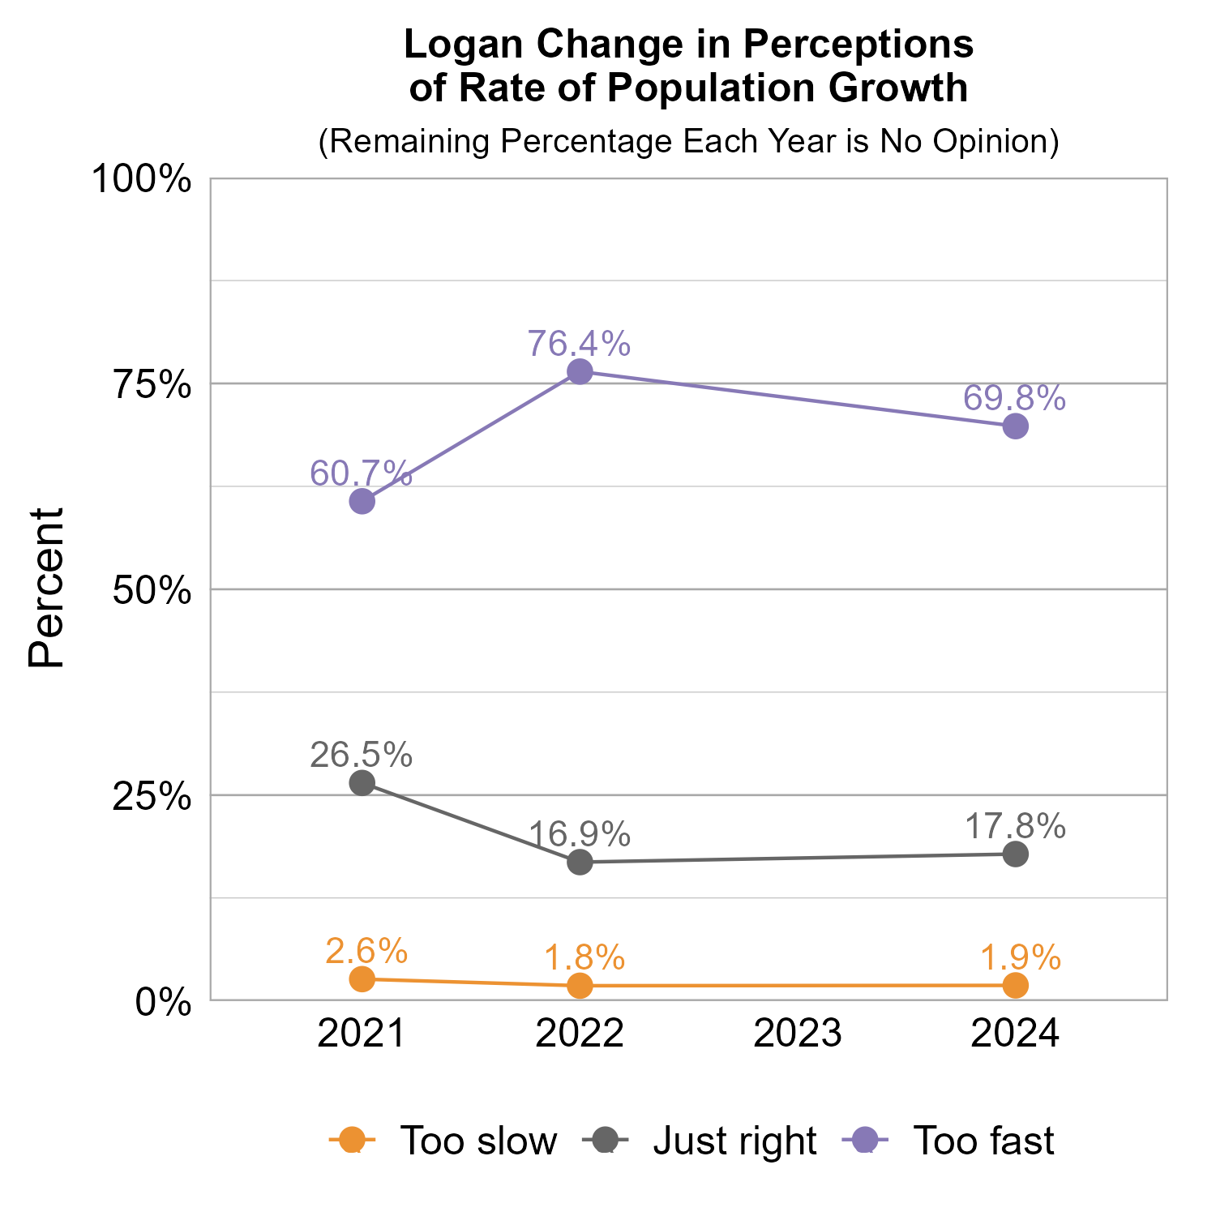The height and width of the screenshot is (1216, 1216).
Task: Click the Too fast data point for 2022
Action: click(x=580, y=372)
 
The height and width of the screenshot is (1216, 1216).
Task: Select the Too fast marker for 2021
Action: click(x=362, y=502)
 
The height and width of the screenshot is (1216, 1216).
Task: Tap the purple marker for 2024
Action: click(x=1016, y=426)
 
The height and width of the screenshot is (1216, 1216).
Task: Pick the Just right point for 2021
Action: click(x=362, y=783)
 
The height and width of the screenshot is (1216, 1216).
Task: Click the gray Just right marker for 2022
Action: click(x=580, y=862)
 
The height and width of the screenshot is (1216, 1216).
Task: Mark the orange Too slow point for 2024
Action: click(x=1016, y=986)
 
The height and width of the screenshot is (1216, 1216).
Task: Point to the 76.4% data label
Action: click(x=579, y=344)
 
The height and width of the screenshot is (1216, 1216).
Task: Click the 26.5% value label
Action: click(x=362, y=755)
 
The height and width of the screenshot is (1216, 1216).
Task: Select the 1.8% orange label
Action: click(x=584, y=957)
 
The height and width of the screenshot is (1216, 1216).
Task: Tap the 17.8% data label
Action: click(x=1015, y=827)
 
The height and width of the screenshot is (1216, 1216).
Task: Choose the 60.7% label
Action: click(x=362, y=473)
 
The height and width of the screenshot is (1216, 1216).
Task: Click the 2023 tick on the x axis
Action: click(x=798, y=1034)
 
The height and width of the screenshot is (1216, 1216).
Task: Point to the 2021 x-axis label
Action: click(x=362, y=1034)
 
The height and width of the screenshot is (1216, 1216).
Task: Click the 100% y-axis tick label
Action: click(x=142, y=179)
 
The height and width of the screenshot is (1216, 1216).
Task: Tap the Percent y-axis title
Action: click(x=46, y=589)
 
